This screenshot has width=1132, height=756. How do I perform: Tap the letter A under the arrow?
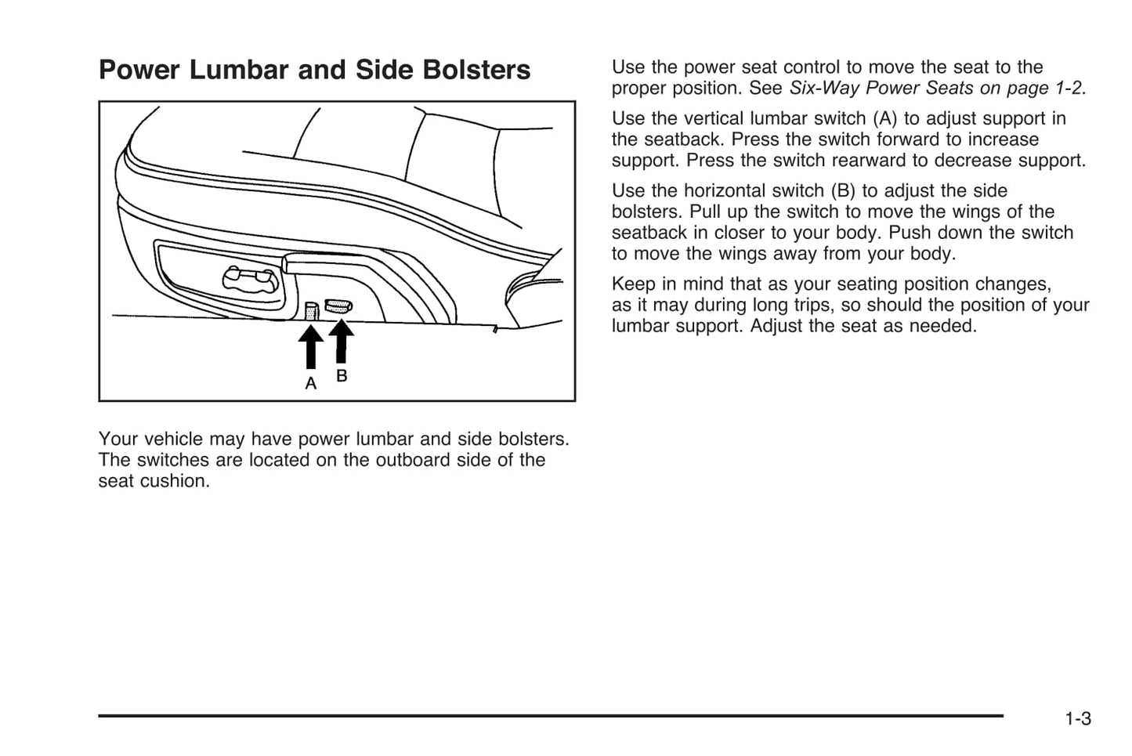click(x=311, y=384)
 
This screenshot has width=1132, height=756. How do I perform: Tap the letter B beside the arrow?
click(x=342, y=376)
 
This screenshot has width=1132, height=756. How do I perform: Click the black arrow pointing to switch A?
click(x=311, y=346)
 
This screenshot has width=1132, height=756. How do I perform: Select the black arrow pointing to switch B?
click(x=341, y=341)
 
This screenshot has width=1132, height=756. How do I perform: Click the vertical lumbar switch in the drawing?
click(x=312, y=311)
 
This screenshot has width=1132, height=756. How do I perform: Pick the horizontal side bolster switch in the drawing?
click(x=338, y=306)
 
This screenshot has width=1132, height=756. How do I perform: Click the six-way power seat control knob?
click(x=251, y=278)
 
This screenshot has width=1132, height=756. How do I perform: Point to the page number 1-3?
click(x=1078, y=719)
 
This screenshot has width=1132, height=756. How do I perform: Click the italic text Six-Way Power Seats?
click(x=881, y=89)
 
